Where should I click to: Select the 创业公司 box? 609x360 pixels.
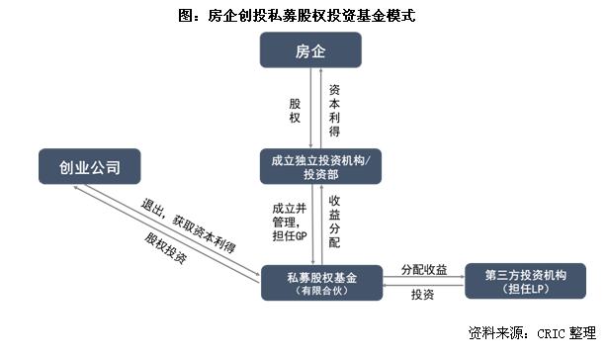(88, 165)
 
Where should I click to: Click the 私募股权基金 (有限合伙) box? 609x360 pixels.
(324, 282)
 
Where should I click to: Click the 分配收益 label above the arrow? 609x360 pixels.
(423, 269)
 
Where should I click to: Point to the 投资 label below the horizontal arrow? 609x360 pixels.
(423, 295)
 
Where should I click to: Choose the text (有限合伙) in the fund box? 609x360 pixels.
(324, 292)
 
